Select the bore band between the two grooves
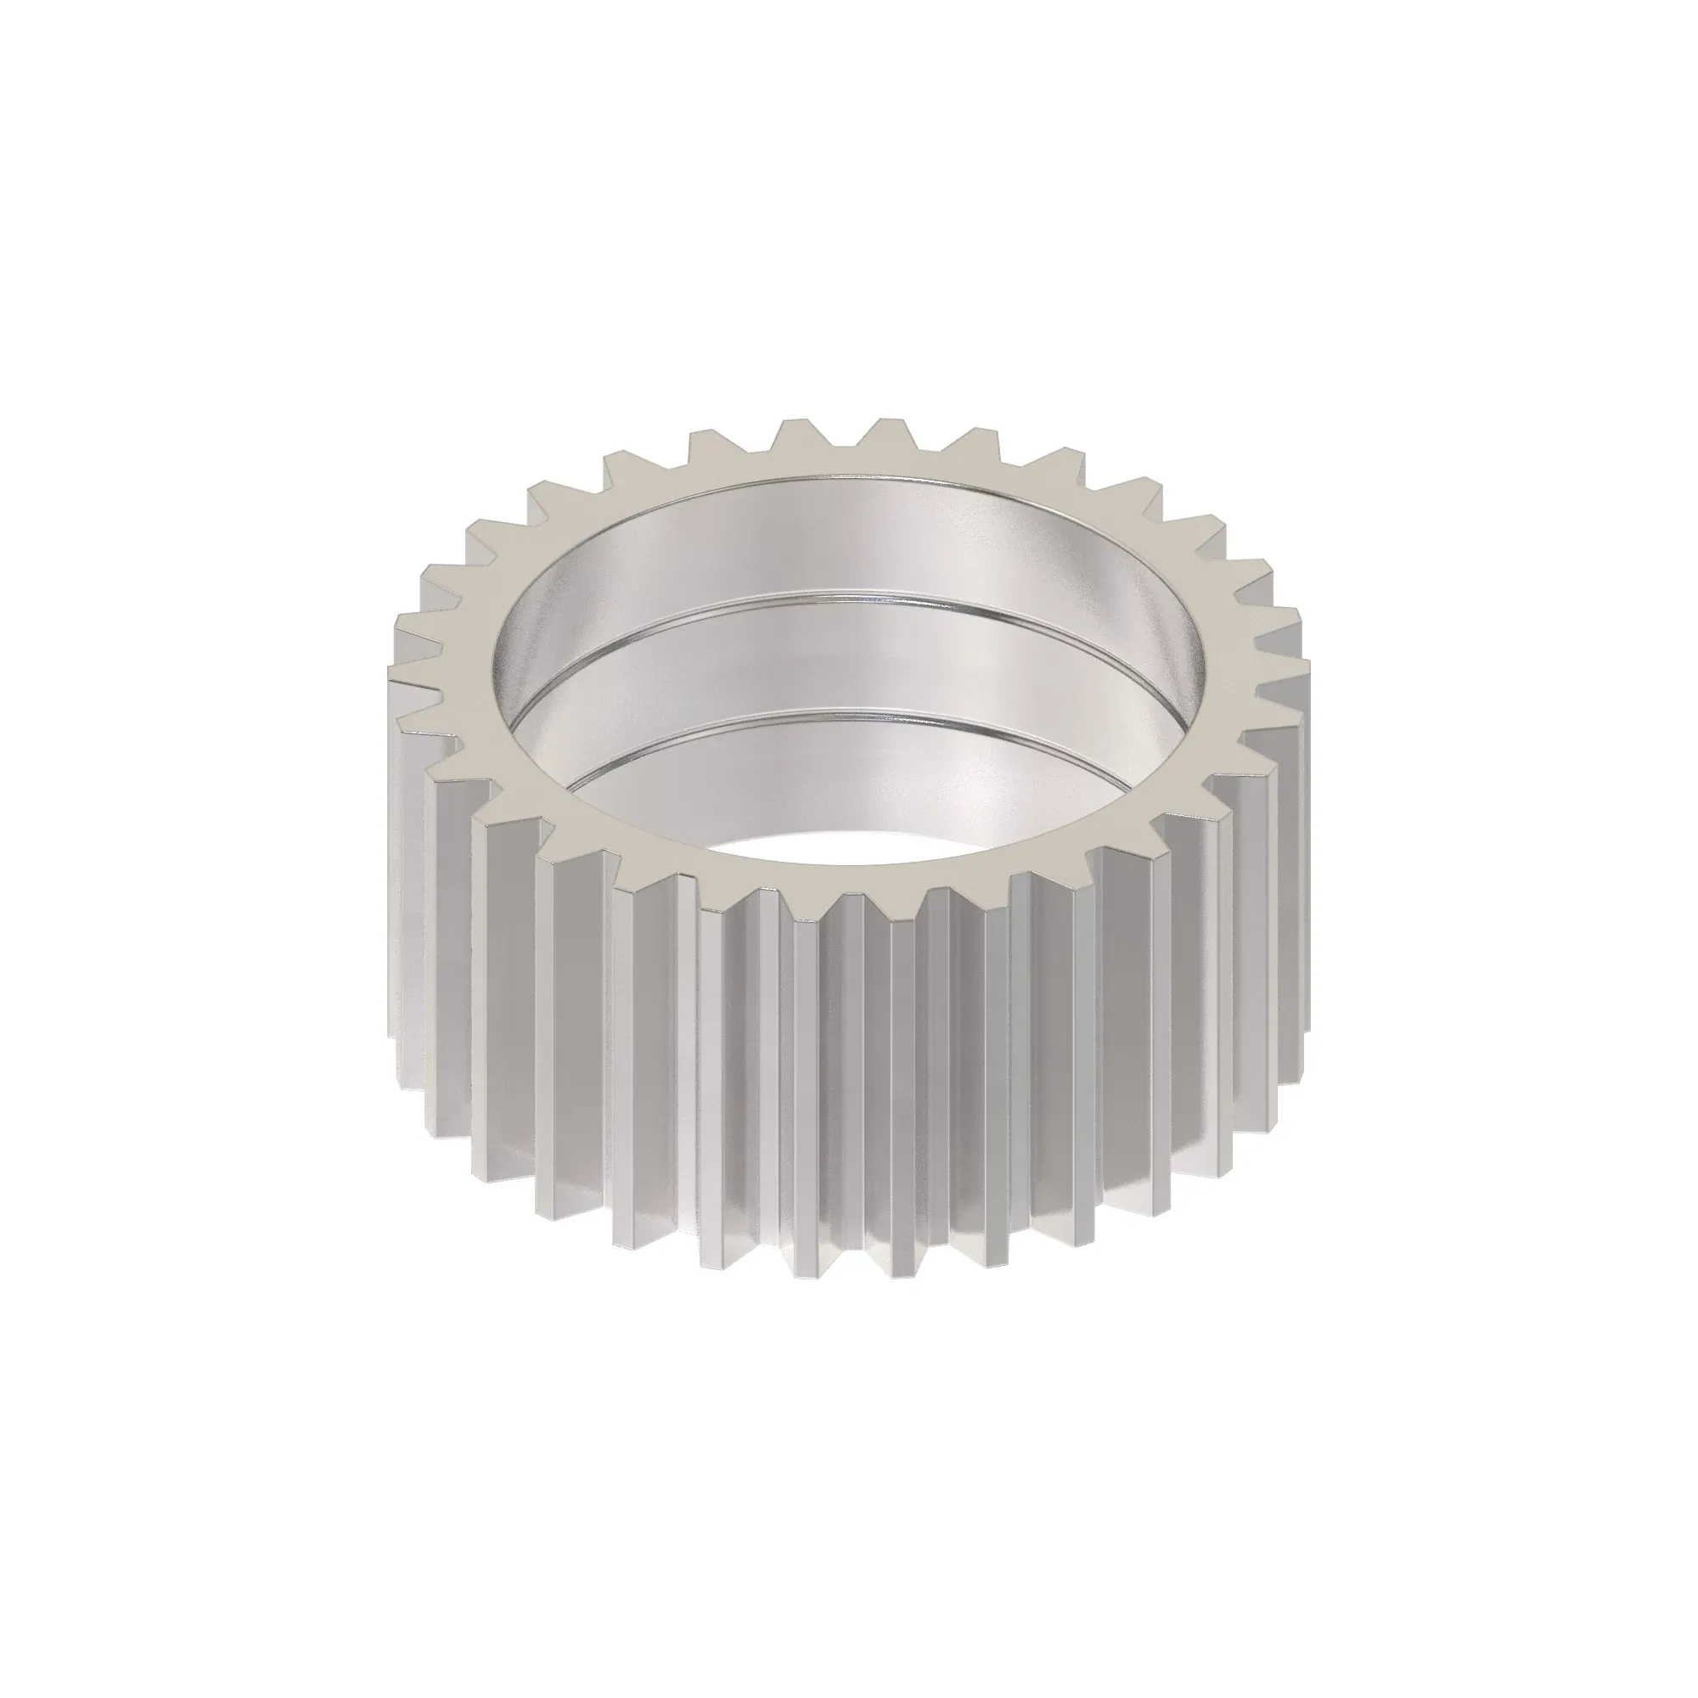tap(844, 655)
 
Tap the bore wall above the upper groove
tap(844, 536)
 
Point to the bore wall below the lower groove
tap(844, 773)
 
